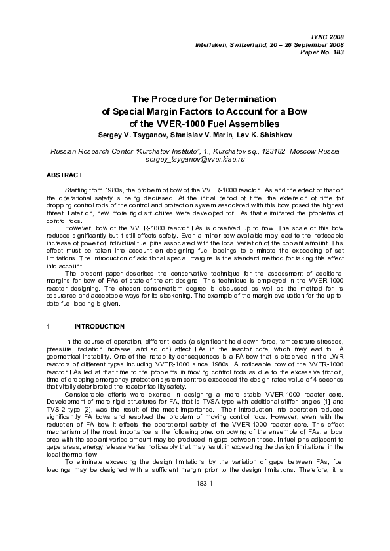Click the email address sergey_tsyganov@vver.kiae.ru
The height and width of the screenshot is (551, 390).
195,159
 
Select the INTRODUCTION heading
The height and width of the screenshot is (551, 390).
100,325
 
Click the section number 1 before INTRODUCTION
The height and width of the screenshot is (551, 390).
49,325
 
